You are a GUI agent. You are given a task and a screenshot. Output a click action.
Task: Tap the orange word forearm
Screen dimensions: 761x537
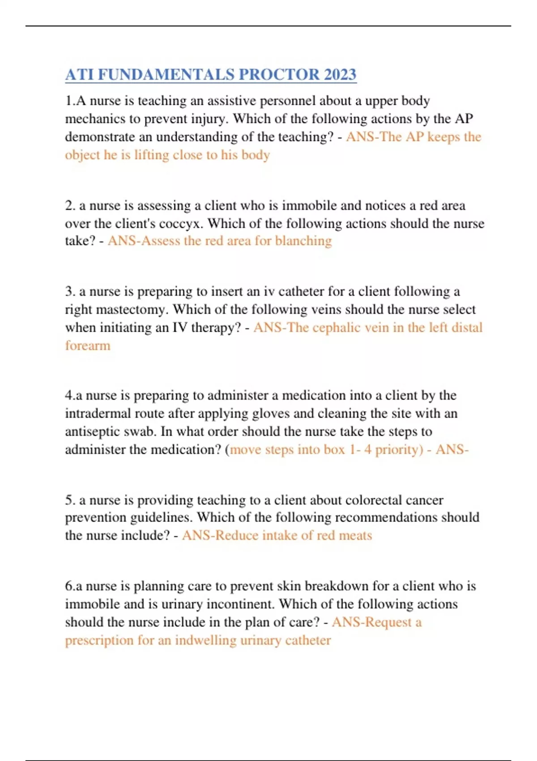pyautogui.click(x=88, y=346)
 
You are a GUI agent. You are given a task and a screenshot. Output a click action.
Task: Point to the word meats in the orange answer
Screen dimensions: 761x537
pyautogui.click(x=355, y=536)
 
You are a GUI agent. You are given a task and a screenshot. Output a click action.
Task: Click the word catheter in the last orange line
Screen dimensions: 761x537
pyautogui.click(x=308, y=640)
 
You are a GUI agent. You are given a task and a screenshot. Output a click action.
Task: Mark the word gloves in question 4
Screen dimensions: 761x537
pyautogui.click(x=268, y=414)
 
